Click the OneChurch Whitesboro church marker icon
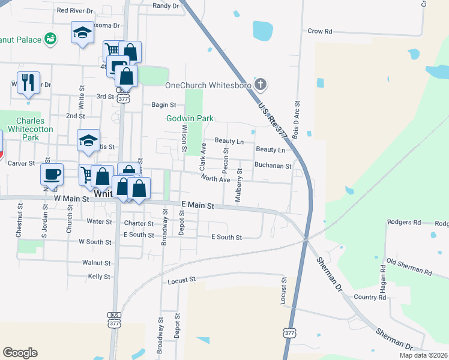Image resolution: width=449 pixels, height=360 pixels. (260, 85)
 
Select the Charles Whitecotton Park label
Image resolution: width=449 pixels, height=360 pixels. (35, 128)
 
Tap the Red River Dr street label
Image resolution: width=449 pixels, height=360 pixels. (74, 10)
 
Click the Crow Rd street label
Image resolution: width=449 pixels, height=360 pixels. (319, 31)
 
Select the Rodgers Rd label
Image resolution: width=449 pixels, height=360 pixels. (404, 223)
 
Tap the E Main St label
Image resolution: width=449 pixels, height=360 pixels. (197, 205)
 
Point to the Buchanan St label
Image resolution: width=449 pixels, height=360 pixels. (273, 166)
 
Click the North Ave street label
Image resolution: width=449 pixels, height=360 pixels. (215, 179)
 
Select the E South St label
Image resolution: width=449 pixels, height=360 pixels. (226, 238)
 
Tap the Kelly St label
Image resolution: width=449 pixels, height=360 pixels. (99, 277)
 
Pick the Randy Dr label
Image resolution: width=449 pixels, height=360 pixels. (166, 5)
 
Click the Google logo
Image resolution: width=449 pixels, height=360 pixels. (20, 353)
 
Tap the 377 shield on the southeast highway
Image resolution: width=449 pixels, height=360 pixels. (290, 332)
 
